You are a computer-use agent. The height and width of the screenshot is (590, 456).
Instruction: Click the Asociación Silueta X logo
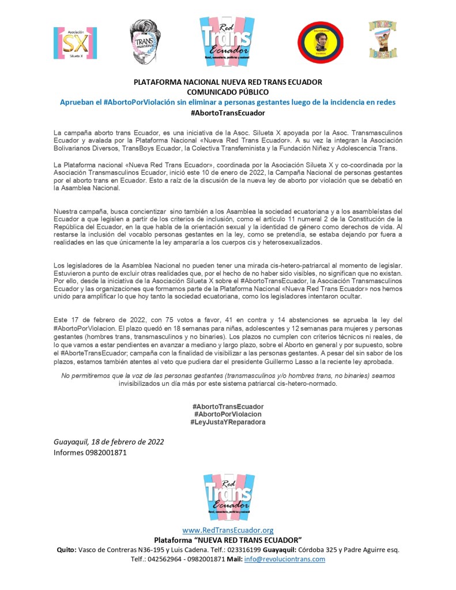pos(75,43)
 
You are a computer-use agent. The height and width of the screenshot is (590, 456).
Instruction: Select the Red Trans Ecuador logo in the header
pos(227,41)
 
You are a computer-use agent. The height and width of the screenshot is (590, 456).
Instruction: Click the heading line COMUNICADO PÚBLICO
pos(228,92)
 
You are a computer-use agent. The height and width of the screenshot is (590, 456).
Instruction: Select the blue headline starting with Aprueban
pos(228,102)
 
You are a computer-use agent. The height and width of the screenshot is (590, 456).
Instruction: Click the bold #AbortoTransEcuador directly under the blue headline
pos(228,113)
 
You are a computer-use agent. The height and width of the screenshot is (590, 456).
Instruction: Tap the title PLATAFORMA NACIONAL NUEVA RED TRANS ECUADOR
pos(228,82)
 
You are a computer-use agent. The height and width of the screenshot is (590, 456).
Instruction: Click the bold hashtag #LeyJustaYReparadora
pos(228,422)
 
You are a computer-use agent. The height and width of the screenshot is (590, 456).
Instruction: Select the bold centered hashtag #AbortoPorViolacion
pos(228,414)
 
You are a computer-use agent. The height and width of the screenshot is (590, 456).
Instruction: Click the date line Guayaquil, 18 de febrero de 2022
pos(108,442)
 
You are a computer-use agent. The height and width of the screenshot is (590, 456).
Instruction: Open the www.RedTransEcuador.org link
pos(228,530)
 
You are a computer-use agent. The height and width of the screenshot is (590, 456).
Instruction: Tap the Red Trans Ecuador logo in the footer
pos(228,495)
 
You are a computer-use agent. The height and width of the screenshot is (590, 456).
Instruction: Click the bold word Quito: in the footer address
pos(66,550)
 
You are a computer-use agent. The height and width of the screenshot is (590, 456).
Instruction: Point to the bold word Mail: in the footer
pos(233,559)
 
